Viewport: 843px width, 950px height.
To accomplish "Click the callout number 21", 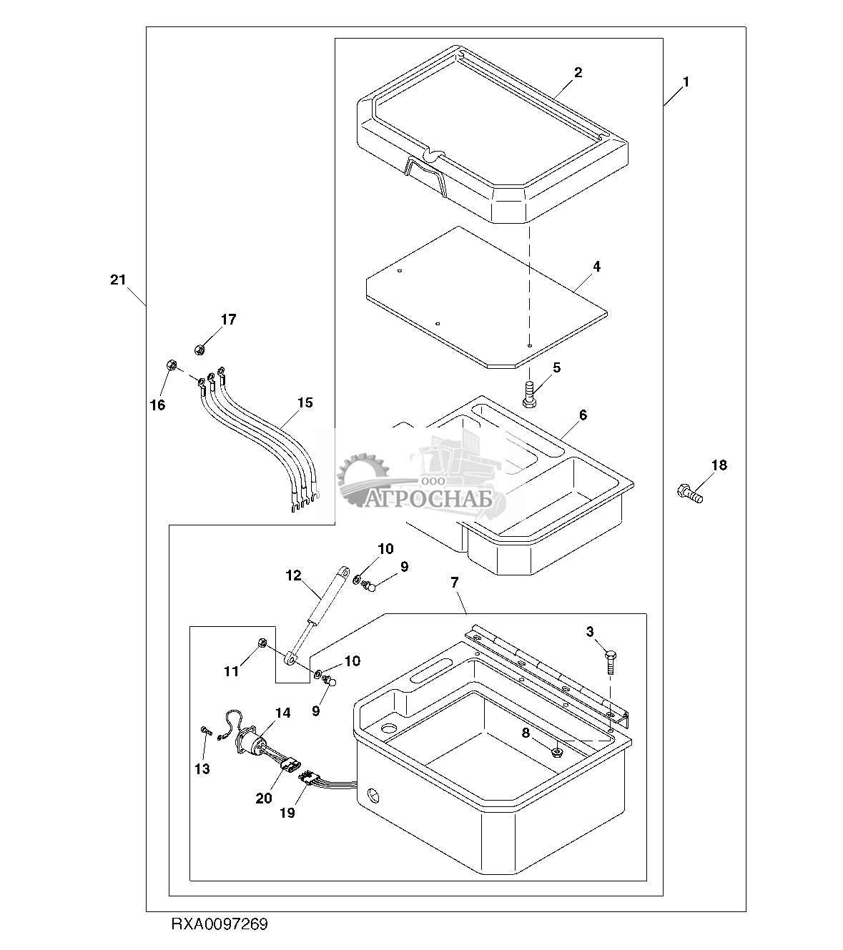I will (x=118, y=279).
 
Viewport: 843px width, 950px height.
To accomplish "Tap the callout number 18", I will (x=719, y=465).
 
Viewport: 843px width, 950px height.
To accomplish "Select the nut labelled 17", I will (x=200, y=349).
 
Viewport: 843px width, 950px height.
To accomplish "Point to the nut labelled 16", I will (x=172, y=365).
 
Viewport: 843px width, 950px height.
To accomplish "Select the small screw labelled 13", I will (x=204, y=730).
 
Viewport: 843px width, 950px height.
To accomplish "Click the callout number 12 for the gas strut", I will (x=294, y=575).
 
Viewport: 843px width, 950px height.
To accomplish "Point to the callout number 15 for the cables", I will (x=305, y=403).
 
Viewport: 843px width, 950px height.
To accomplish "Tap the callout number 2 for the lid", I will (x=578, y=72).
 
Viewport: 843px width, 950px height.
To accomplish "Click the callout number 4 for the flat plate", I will (x=596, y=267).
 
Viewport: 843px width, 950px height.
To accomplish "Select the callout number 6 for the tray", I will (x=583, y=415).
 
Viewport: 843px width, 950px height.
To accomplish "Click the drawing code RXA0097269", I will (x=219, y=924).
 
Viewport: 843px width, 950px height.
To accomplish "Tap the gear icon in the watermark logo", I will (x=358, y=475).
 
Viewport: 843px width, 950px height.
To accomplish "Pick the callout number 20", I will (x=264, y=798).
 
